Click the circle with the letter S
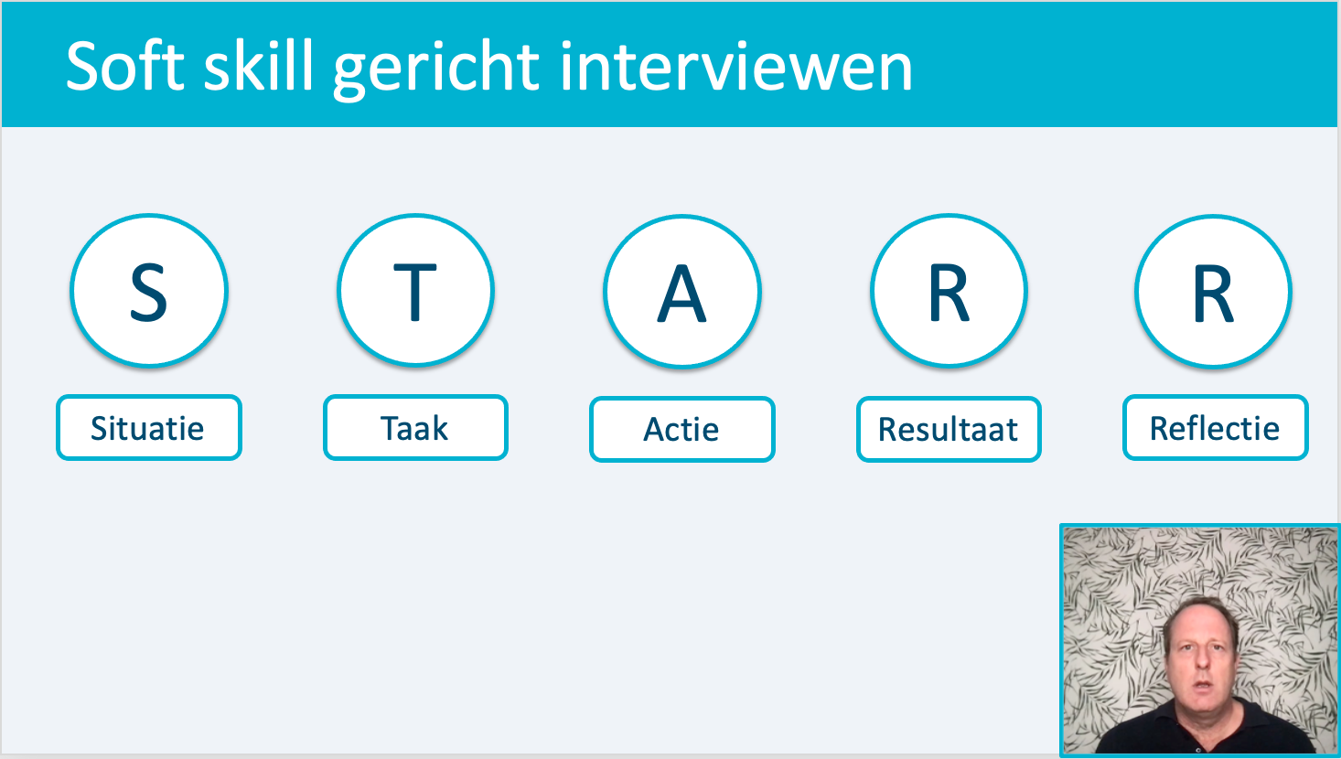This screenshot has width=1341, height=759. tap(149, 290)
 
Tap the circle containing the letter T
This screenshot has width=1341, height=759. tap(415, 290)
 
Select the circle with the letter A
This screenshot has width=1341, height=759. tap(681, 292)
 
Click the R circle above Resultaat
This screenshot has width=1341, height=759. tap(949, 292)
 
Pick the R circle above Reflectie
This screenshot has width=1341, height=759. tap(1214, 292)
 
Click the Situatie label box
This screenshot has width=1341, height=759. tap(149, 427)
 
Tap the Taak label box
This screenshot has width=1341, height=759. tap(415, 427)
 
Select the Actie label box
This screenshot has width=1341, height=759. tap(681, 429)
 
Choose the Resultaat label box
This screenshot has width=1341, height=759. tap(949, 429)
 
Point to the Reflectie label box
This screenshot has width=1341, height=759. tap(1216, 427)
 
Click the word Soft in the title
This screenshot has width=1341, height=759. tap(125, 66)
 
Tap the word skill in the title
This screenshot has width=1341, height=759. tap(259, 66)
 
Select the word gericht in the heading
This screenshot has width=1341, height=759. tap(436, 70)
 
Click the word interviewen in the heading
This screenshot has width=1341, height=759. tap(735, 66)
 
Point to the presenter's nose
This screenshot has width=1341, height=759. tap(1202, 661)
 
